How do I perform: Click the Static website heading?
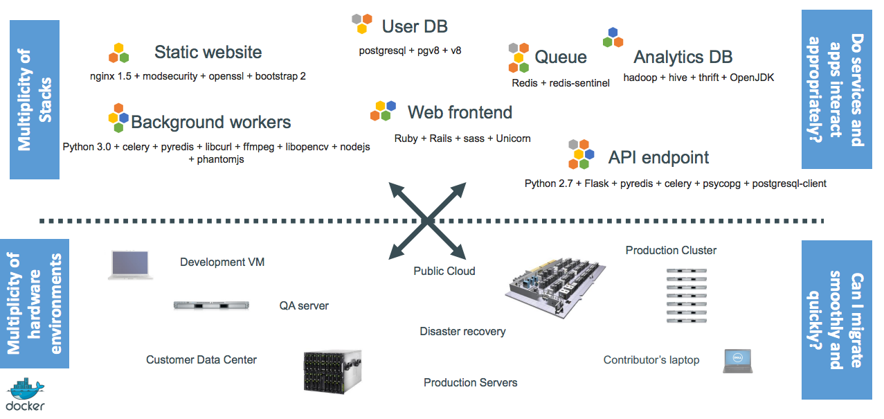pyautogui.click(x=208, y=52)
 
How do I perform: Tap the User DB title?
pyautogui.click(x=415, y=27)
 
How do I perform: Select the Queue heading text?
pyautogui.click(x=561, y=57)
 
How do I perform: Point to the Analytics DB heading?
pyautogui.click(x=683, y=57)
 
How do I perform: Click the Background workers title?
pyautogui.click(x=210, y=123)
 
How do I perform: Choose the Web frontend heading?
pyautogui.click(x=460, y=112)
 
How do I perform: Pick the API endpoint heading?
pyautogui.click(x=658, y=158)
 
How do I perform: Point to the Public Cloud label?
pyautogui.click(x=444, y=271)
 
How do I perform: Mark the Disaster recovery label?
pyautogui.click(x=462, y=332)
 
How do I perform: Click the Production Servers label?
pyautogui.click(x=470, y=382)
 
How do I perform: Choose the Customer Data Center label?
pyautogui.click(x=201, y=359)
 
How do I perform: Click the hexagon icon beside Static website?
pyautogui.click(x=119, y=53)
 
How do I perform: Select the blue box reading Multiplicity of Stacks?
pyautogui.click(x=35, y=99)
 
